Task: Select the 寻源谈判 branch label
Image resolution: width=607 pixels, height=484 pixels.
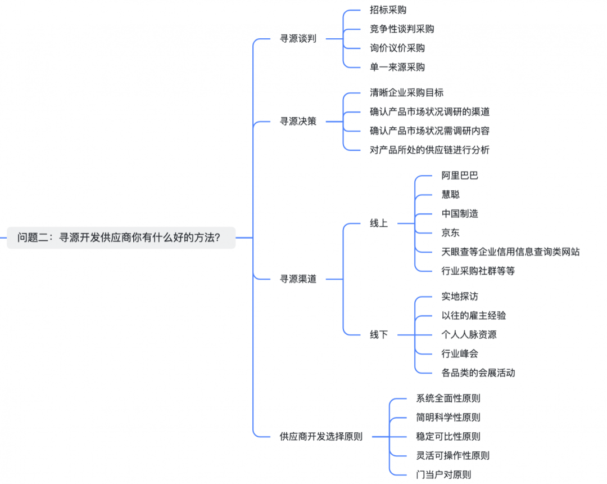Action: [x=298, y=39]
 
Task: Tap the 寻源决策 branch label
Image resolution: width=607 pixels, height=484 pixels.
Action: [x=298, y=121]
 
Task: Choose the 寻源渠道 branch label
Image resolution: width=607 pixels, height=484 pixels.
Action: [x=298, y=279]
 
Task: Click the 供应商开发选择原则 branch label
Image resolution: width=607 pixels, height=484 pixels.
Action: [x=321, y=436]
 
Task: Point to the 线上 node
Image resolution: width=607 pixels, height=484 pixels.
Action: [x=379, y=223]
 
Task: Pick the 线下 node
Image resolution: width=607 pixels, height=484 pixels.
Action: [x=379, y=334]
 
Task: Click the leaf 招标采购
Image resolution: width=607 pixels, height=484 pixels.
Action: [x=388, y=10]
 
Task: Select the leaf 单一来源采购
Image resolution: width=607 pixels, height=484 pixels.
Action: [x=397, y=67]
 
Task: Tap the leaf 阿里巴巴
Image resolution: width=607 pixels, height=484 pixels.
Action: [x=460, y=176]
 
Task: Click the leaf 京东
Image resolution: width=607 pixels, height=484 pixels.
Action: [x=451, y=232]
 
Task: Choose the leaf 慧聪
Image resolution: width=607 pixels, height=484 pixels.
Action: [x=451, y=195]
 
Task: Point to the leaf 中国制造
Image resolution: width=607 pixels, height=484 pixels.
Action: [x=460, y=214]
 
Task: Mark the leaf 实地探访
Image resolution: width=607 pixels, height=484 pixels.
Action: [x=460, y=297]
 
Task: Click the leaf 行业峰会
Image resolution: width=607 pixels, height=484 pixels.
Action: [x=460, y=353]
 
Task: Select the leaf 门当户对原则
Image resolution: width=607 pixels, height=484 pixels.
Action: [x=443, y=474]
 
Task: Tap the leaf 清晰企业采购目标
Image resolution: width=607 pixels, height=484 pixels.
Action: [x=406, y=92]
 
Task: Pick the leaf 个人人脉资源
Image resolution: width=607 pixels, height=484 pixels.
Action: [x=469, y=334]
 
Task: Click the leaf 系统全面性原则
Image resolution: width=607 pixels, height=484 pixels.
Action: [x=448, y=398]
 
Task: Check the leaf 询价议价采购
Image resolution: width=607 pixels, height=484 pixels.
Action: [x=397, y=48]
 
